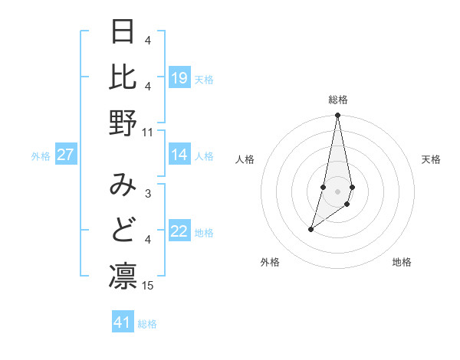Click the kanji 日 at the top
point(123,32)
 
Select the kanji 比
point(123,77)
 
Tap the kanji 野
point(123,123)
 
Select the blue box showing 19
point(179,78)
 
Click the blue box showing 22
point(179,232)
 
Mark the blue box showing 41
point(123,322)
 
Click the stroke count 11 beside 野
point(148,133)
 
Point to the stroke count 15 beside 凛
point(148,286)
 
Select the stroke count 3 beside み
point(148,195)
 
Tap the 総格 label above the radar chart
point(338,100)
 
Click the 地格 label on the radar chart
point(402,262)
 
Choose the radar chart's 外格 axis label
point(270,262)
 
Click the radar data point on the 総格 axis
point(337,116)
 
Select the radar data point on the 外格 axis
point(310,229)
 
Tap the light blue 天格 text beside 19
point(204,80)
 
